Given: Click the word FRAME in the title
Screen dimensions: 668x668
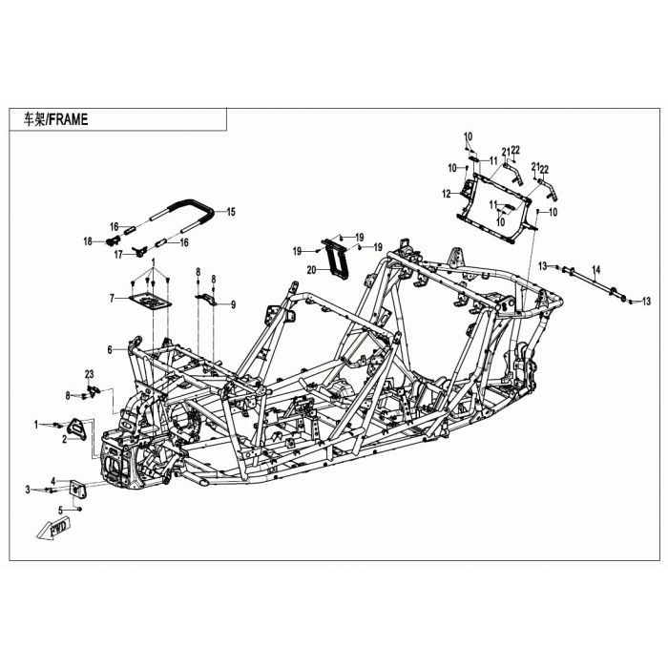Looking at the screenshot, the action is click(x=69, y=119).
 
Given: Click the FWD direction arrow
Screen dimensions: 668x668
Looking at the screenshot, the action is click(x=52, y=531).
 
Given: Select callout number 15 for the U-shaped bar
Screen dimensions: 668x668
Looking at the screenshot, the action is click(x=231, y=212).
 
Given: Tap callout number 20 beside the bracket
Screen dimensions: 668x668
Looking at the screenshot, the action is click(x=311, y=270).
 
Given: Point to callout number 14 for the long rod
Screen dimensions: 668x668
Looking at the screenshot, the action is click(x=596, y=269).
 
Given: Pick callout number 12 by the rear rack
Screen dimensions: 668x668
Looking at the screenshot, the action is click(x=446, y=195).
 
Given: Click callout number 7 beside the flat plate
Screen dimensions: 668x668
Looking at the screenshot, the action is click(x=112, y=298).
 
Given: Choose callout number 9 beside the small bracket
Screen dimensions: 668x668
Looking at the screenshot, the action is click(x=233, y=304).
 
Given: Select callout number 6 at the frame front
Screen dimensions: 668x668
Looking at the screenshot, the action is click(x=110, y=350).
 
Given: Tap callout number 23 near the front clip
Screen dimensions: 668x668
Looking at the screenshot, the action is click(x=89, y=374).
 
